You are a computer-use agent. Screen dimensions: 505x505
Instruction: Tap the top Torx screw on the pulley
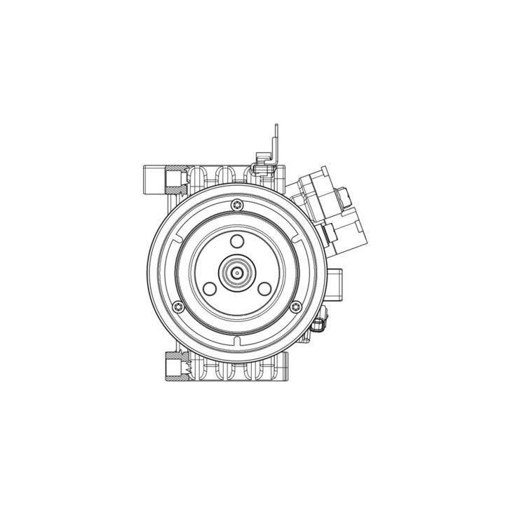click(236, 204)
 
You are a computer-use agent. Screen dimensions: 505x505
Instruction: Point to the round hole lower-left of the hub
click(208, 288)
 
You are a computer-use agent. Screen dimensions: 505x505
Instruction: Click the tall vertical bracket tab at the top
click(276, 140)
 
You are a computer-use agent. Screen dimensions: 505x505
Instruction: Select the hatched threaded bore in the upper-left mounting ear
click(173, 180)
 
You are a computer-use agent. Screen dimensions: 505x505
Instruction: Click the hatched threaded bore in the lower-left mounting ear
click(173, 365)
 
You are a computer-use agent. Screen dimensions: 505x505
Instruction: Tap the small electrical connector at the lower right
click(321, 324)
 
